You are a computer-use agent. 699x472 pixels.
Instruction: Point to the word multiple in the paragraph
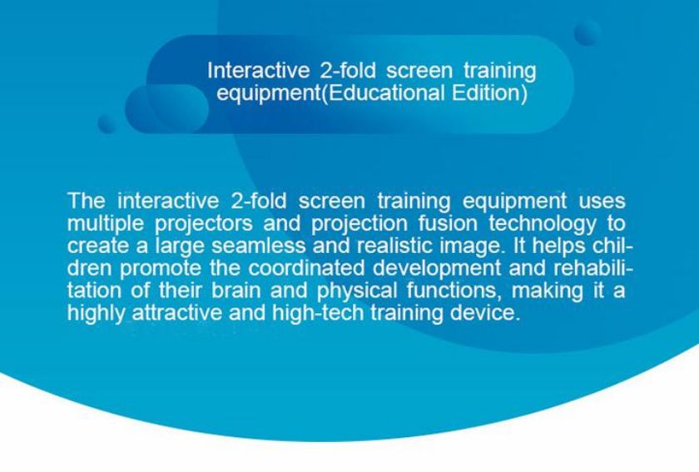(x=106, y=224)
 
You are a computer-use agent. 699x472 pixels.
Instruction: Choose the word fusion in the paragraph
(x=447, y=223)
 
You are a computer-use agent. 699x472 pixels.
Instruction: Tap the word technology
(x=542, y=224)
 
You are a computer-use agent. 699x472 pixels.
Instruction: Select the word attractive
(x=177, y=313)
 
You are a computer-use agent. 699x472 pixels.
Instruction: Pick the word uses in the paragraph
(x=602, y=201)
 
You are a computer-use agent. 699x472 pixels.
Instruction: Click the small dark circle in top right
(x=587, y=32)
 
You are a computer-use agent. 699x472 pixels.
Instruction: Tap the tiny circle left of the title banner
(x=107, y=123)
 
